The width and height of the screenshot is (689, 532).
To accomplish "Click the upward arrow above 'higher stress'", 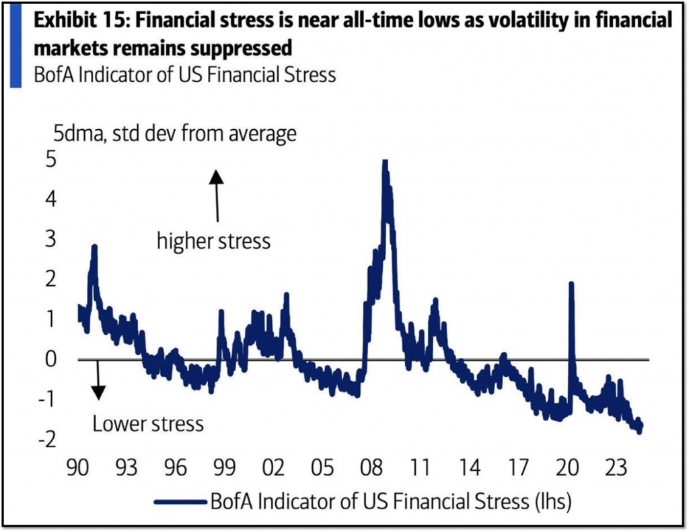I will coord(216,194).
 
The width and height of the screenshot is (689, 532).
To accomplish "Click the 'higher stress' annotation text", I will coord(213,240).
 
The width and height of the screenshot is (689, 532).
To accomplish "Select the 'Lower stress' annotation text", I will coord(147,424).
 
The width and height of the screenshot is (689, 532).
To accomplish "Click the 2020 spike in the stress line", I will coord(571,284).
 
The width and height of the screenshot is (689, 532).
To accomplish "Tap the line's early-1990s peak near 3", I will coord(94,248).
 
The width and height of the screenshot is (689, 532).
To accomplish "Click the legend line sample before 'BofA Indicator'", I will coord(180,501).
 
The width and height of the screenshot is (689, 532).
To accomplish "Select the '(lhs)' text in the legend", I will coord(552,501).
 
